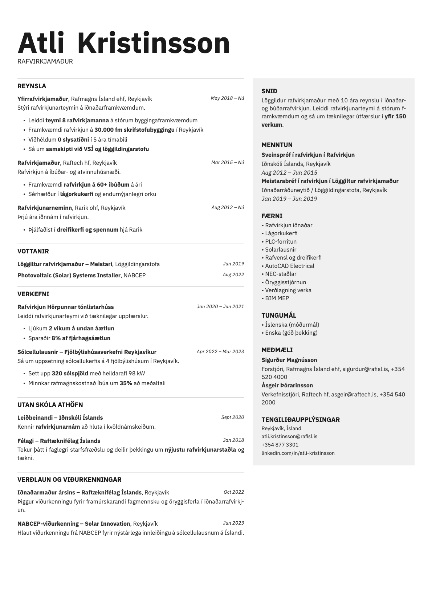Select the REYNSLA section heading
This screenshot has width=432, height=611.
[x=32, y=86]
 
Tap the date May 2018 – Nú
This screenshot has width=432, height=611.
[x=227, y=98]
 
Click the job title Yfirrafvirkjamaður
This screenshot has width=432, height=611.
[x=43, y=99]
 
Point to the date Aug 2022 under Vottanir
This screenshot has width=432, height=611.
[x=233, y=275]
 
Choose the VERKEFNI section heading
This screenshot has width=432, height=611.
[x=33, y=294]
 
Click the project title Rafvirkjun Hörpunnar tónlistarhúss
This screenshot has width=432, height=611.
[x=65, y=307]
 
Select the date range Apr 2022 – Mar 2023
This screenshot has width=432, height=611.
[x=220, y=351]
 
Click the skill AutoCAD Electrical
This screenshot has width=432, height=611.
[x=289, y=266]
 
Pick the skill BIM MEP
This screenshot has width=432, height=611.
[x=277, y=298]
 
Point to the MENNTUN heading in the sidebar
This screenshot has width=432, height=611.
[x=277, y=145]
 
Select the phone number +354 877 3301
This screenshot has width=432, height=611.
[x=280, y=445]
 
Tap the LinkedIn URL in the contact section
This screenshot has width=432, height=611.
[x=298, y=453]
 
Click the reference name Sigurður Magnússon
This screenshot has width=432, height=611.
[x=289, y=360]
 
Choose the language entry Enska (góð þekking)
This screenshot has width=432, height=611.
[x=291, y=333]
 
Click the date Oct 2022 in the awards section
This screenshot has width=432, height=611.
[x=234, y=492]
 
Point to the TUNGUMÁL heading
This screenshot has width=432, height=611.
[x=279, y=315]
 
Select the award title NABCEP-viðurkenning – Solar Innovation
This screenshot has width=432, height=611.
[x=74, y=524]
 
